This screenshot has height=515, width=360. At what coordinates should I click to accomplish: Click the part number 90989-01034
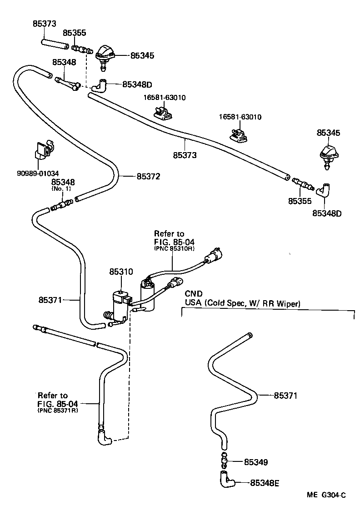point(39,173)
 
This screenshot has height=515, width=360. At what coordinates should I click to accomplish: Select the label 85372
point(148,176)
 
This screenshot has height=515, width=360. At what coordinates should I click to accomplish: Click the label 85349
point(255,462)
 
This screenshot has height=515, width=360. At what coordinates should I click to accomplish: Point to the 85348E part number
point(264,483)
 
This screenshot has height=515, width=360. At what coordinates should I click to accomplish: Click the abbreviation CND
point(193,294)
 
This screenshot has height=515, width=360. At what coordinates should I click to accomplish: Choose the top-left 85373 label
point(45,23)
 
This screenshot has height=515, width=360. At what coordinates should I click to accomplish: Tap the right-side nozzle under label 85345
point(328,156)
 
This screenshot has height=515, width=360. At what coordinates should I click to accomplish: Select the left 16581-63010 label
point(165,97)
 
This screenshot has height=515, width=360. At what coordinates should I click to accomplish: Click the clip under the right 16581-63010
point(239,134)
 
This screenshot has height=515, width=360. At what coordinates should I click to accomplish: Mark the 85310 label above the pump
point(121,272)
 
